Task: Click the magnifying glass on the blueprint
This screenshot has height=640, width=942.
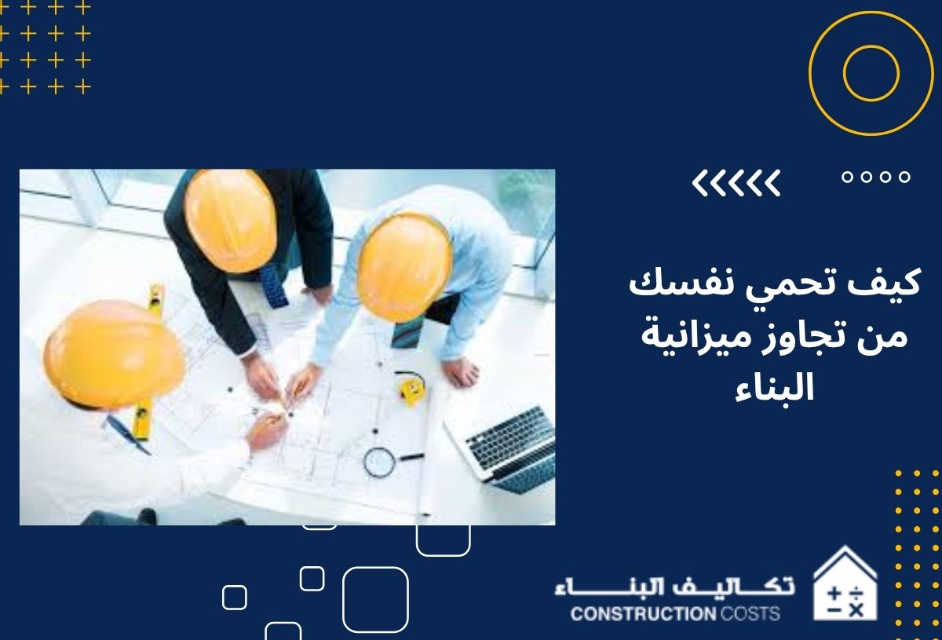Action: pos(380,461)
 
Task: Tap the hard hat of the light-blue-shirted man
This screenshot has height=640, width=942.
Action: pos(403,268)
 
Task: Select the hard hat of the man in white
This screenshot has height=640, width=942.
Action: pos(112,354)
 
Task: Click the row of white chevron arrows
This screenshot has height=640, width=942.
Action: pos(736,183)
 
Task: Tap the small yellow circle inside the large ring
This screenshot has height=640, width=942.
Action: pos(870,73)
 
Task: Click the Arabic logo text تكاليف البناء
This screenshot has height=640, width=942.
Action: pos(674,587)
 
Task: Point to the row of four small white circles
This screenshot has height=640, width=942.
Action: pos(876,178)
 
